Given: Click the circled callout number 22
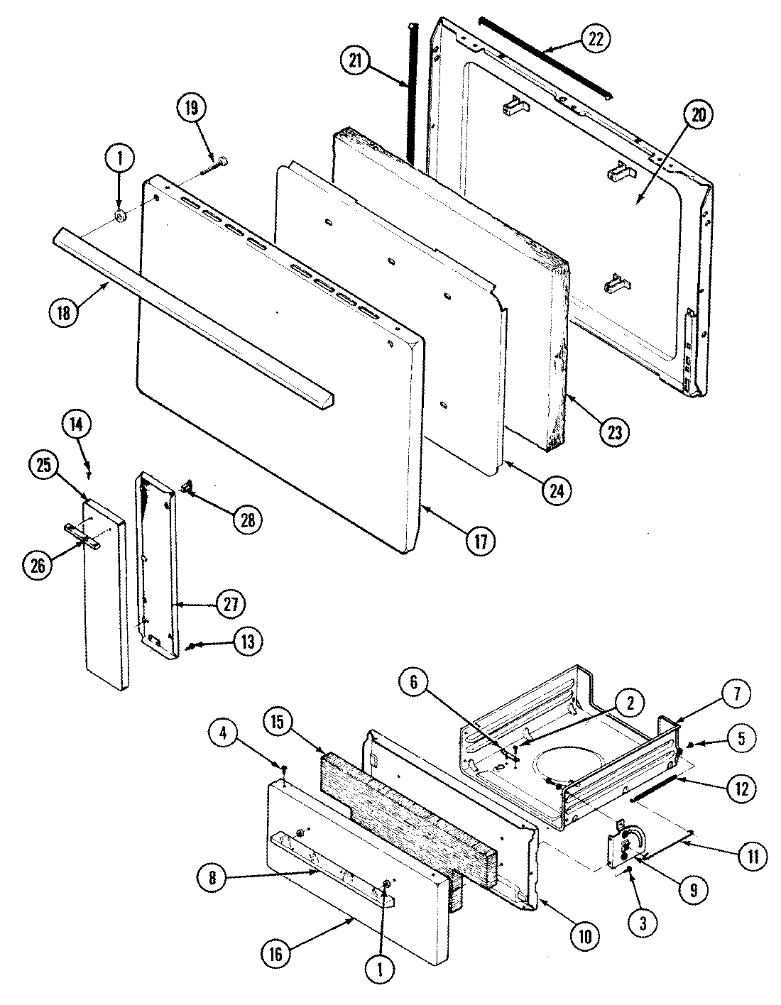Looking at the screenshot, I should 594,39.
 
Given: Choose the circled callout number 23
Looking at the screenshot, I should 614,432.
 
